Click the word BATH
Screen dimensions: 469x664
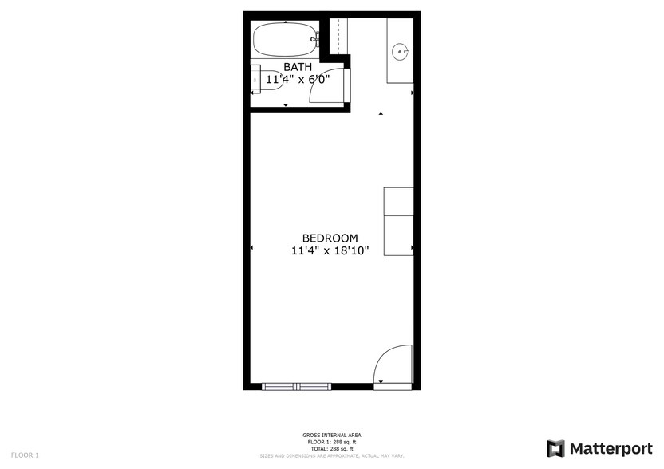(297, 67)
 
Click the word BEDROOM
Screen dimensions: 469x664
(330, 238)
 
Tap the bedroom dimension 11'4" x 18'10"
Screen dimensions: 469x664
(330, 251)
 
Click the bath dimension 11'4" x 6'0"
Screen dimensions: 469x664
(297, 80)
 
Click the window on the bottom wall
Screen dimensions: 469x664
(296, 386)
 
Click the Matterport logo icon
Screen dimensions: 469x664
(555, 448)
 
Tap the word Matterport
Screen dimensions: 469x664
(611, 448)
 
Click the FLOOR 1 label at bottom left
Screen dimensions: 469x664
(25, 455)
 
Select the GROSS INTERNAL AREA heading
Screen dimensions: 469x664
(331, 435)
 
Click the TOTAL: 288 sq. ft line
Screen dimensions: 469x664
(331, 449)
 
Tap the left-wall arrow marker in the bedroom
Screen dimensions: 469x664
(252, 248)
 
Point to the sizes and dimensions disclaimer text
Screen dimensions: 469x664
(331, 456)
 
